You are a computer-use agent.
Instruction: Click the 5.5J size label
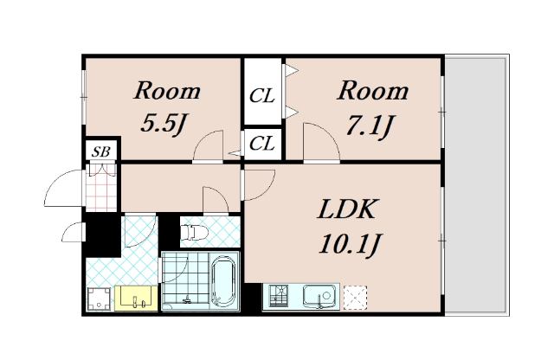click(x=164, y=124)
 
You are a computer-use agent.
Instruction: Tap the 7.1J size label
click(x=370, y=125)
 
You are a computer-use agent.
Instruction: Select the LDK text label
click(x=346, y=209)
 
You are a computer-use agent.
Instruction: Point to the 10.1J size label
click(x=349, y=243)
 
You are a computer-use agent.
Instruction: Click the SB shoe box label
click(x=101, y=151)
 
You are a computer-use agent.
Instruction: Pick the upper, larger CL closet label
click(x=261, y=96)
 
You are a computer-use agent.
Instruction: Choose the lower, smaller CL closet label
click(x=261, y=144)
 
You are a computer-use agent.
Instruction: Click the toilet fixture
click(x=194, y=233)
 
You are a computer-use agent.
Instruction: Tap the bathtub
click(x=223, y=281)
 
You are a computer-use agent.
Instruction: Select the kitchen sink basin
click(x=319, y=296)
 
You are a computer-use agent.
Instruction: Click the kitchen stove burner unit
click(x=279, y=296)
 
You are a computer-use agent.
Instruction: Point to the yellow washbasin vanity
click(x=137, y=299)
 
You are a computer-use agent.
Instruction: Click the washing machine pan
click(x=99, y=299)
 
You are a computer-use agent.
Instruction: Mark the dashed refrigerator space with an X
click(x=355, y=298)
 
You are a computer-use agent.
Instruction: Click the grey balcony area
click(x=477, y=185)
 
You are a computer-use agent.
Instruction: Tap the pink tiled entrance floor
click(x=101, y=187)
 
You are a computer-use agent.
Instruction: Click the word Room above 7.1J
click(x=373, y=91)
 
